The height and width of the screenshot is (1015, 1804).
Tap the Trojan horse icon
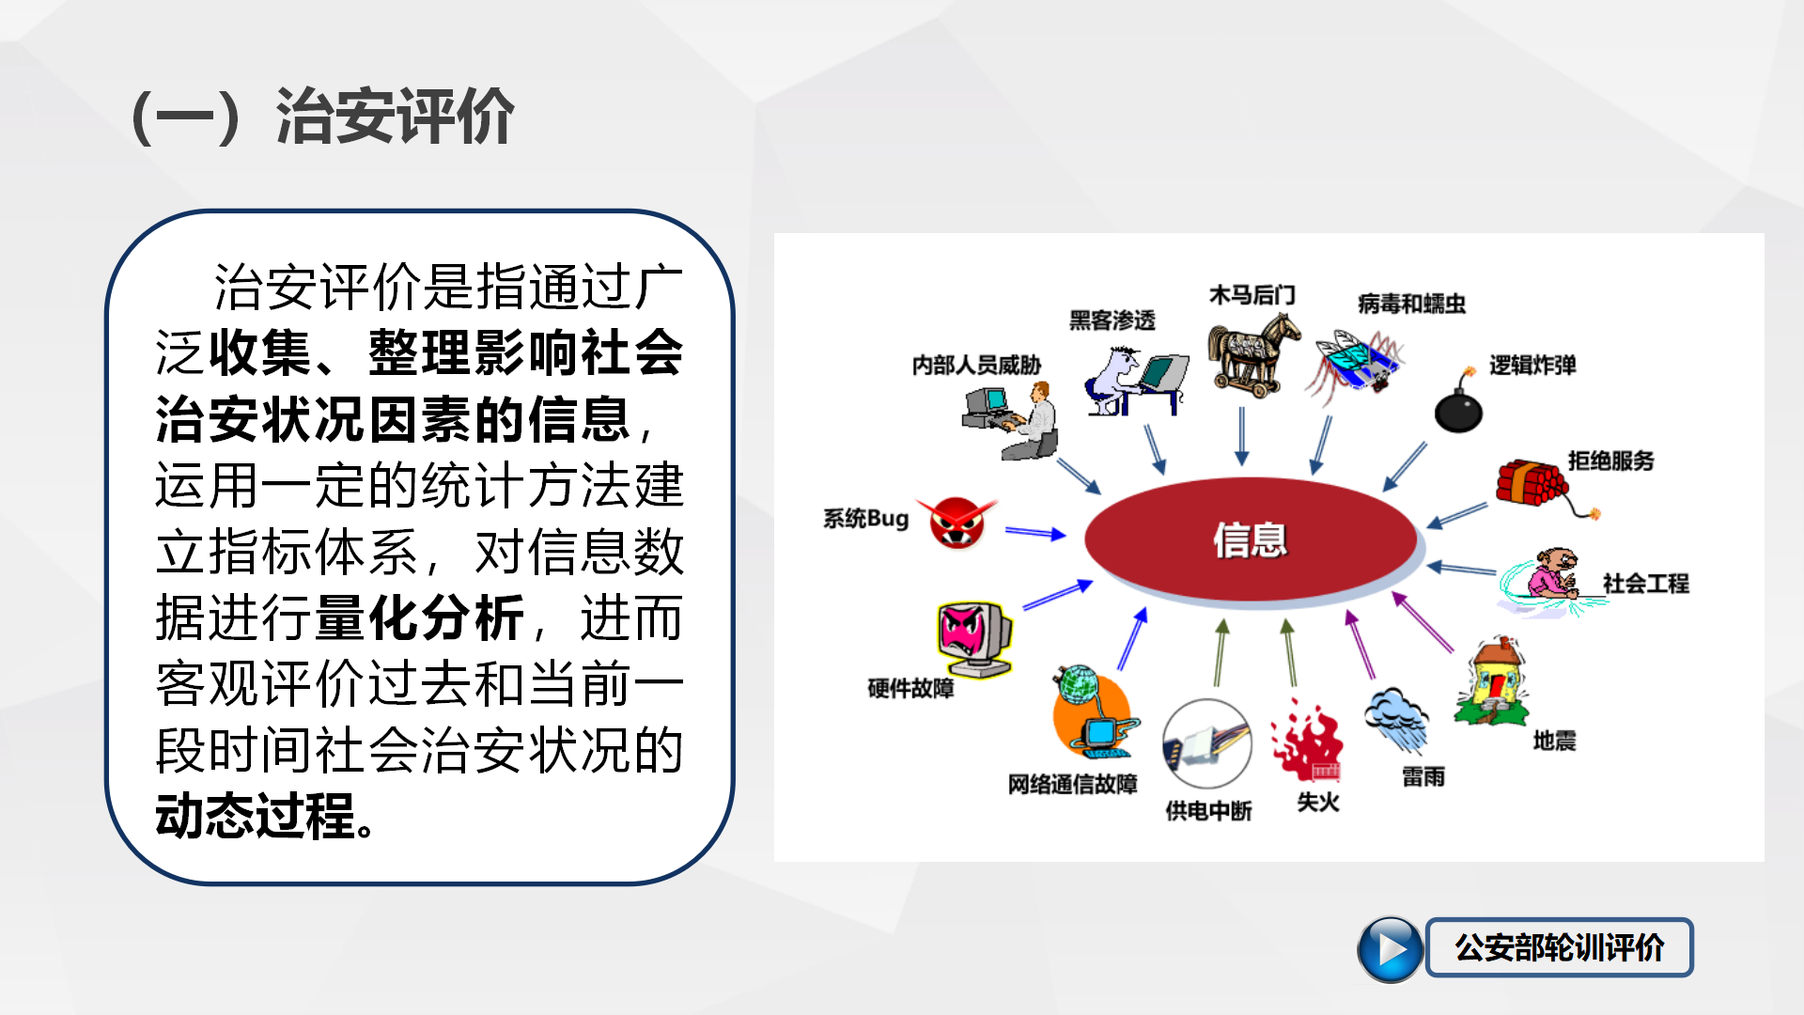pos(1253,355)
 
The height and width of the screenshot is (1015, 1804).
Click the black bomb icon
pos(1458,404)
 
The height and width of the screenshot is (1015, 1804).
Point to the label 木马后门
pos(1252,295)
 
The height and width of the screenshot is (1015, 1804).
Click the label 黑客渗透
pos(1112,320)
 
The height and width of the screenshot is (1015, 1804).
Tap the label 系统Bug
pos(865,519)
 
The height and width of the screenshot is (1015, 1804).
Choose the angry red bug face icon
pos(956,522)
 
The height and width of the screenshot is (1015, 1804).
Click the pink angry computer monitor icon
pos(974,638)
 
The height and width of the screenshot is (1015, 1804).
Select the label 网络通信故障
pos(1072,784)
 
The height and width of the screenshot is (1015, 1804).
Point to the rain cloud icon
pos(1398,720)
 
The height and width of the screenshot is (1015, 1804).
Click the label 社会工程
pos(1646,584)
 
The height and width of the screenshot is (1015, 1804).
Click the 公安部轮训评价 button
pos(1559,947)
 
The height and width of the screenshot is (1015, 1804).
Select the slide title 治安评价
pos(395,117)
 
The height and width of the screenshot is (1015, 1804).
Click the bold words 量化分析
pos(419,617)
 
